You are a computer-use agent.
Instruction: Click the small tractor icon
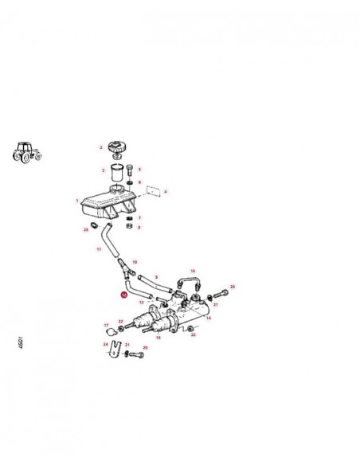(28, 152)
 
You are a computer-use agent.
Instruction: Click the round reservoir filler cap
(117, 149)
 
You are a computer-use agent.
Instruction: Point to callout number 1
(77, 201)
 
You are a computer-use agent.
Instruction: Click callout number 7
(139, 217)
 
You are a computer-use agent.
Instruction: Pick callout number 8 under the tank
(139, 227)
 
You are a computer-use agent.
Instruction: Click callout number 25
(85, 229)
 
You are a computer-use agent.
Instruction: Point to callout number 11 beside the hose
(99, 249)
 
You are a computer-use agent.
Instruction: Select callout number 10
(135, 262)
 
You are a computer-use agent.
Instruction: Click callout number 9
(157, 276)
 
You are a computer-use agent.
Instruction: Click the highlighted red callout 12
(123, 295)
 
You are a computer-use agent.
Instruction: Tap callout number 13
(141, 303)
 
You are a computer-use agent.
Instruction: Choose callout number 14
(209, 318)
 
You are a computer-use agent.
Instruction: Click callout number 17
(106, 325)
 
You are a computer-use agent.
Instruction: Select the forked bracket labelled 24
(115, 348)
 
